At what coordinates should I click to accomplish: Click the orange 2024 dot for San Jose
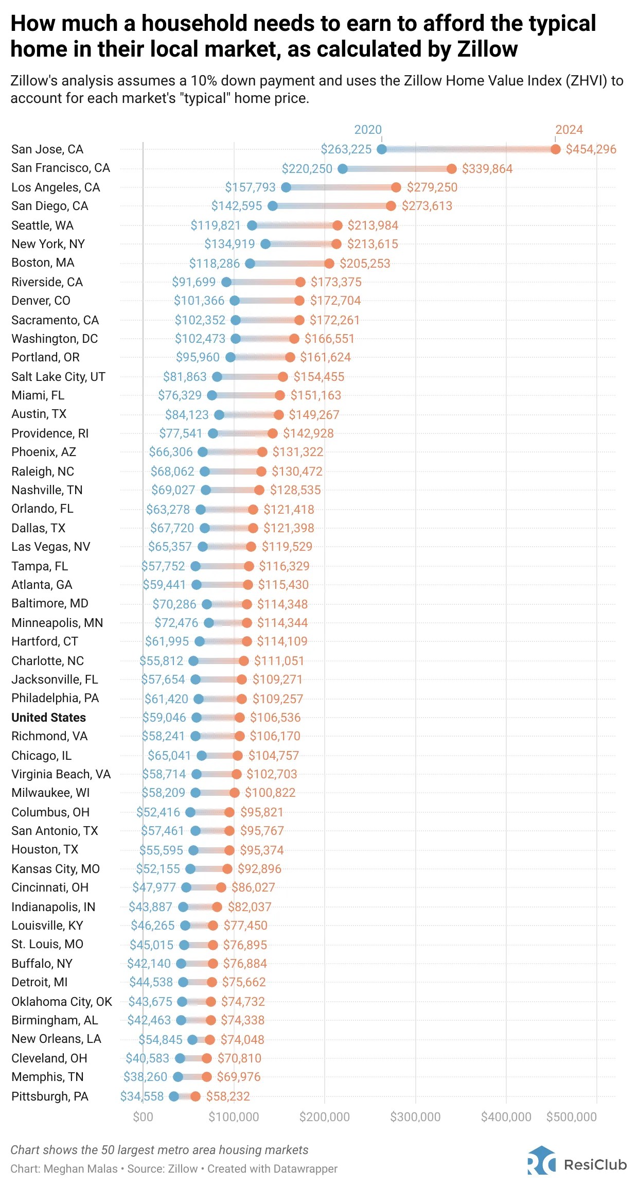(x=555, y=149)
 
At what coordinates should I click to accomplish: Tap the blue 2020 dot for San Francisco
(x=343, y=168)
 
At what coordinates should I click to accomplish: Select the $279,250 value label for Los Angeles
(x=432, y=187)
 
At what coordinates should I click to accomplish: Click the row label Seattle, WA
(x=43, y=225)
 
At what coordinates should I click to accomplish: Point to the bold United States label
(x=48, y=718)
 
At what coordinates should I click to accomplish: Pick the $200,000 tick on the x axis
(x=324, y=1117)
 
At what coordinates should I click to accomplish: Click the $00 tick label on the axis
(x=143, y=1117)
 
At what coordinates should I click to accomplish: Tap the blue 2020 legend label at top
(x=368, y=130)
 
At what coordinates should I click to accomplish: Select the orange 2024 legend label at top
(x=569, y=130)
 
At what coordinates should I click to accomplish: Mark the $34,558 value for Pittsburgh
(x=141, y=1096)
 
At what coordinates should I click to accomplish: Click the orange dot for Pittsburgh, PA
(x=196, y=1096)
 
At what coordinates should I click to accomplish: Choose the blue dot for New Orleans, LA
(x=192, y=1040)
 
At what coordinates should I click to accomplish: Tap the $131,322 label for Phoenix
(x=298, y=452)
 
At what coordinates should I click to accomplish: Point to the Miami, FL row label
(x=38, y=395)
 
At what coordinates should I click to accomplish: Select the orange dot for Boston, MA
(x=329, y=264)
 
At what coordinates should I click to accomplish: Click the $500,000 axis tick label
(x=571, y=1117)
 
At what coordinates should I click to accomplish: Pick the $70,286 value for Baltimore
(x=174, y=604)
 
